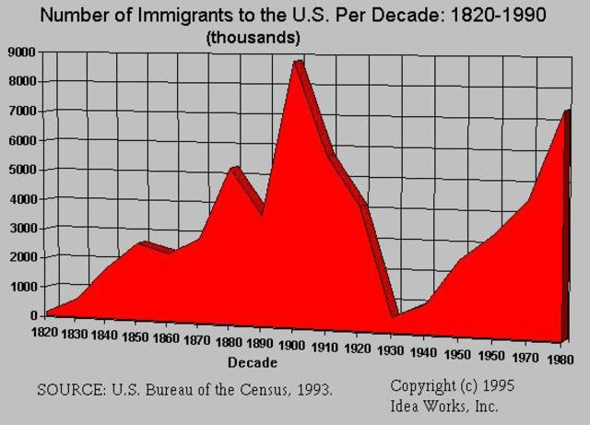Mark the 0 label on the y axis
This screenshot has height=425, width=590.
pyautogui.click(x=31, y=315)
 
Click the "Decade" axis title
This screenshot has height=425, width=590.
pyautogui.click(x=252, y=361)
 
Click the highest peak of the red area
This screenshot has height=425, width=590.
pyautogui.click(x=296, y=63)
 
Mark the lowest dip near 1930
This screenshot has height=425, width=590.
pyautogui.click(x=395, y=314)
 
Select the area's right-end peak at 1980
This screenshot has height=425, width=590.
pyautogui.click(x=565, y=112)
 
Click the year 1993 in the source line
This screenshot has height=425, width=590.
pyautogui.click(x=311, y=389)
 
